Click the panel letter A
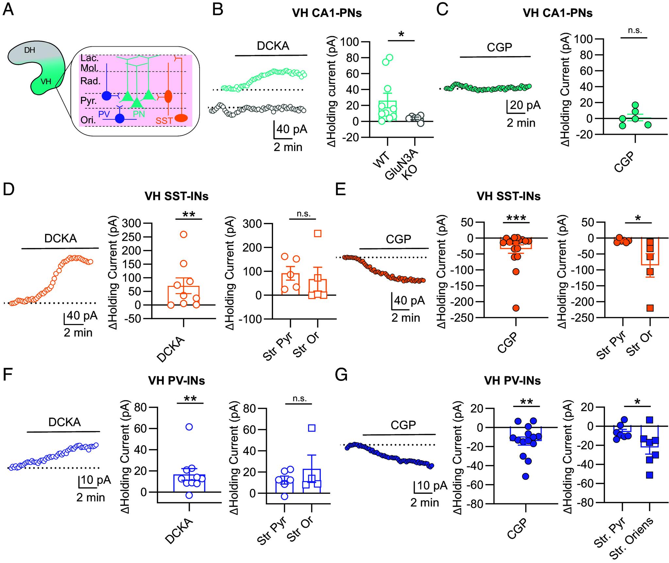coord(8,10)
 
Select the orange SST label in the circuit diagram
coord(164,121)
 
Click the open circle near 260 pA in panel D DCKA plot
coord(184,234)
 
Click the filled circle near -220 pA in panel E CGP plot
coord(516,308)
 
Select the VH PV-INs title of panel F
coord(176,381)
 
